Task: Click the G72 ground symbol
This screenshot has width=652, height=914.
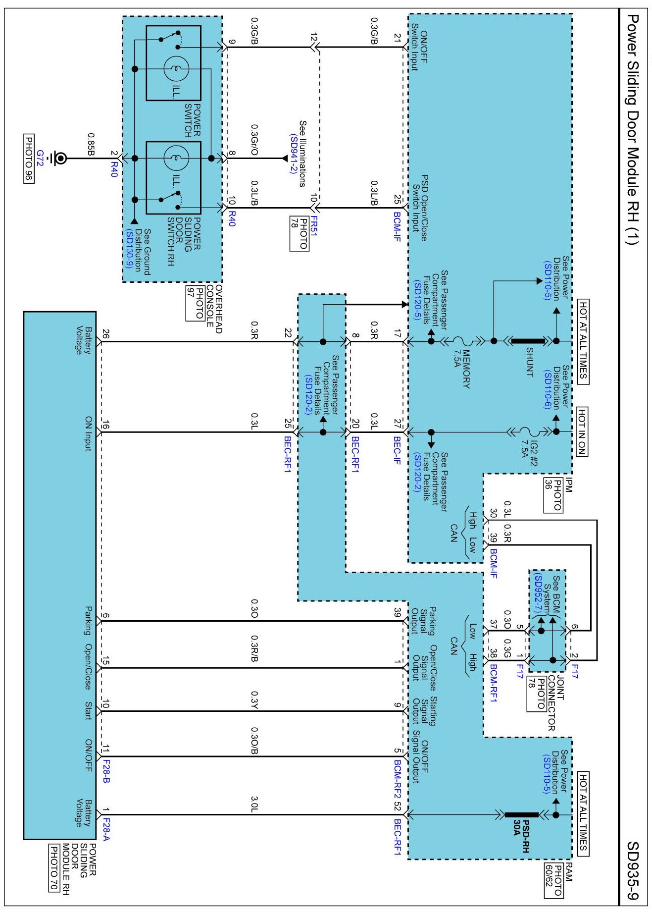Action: tap(60, 159)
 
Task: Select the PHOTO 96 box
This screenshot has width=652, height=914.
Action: tap(29, 159)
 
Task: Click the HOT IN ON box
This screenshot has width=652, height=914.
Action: tap(582, 431)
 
